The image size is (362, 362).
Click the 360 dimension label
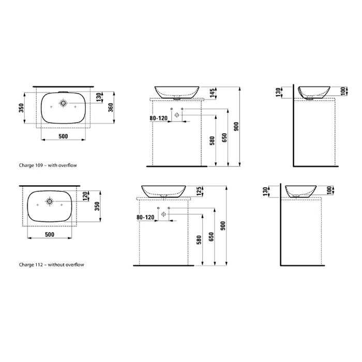click(x=111, y=108)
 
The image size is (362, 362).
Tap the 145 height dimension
click(x=213, y=92)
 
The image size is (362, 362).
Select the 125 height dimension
click(x=199, y=191)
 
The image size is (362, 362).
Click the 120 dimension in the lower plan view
click(x=85, y=196)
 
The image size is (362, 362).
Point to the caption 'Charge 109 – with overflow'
click(x=48, y=165)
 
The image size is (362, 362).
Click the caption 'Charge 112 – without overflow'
click(x=51, y=265)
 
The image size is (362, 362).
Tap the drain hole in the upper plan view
click(x=63, y=103)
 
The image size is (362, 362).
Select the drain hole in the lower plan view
click(x=50, y=201)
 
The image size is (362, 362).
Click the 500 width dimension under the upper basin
click(x=63, y=136)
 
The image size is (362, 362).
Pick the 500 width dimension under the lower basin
click(x=50, y=235)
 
